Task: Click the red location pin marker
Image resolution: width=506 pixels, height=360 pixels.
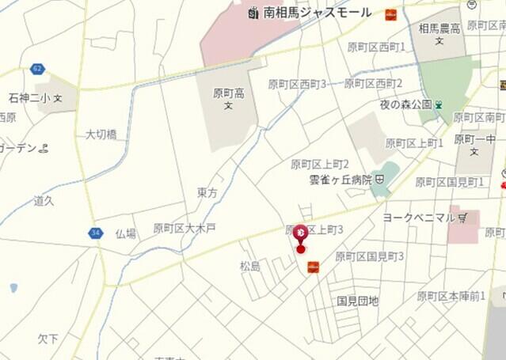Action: pos(301,234)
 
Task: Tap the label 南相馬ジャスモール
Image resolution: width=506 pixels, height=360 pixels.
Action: pos(317,13)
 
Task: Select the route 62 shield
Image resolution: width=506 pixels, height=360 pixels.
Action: pos(37,69)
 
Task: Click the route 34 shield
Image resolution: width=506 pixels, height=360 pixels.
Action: pos(96,233)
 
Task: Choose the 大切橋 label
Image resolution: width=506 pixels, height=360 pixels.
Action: pos(101,135)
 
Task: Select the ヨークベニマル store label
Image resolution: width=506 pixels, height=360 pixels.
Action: pos(419,217)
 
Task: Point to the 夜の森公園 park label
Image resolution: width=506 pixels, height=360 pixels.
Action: pos(404,104)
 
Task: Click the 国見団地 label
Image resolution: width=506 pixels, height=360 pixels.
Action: pos(358,301)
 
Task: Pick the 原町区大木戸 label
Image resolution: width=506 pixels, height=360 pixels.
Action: pos(185,228)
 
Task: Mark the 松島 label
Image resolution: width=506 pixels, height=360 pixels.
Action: pos(250,266)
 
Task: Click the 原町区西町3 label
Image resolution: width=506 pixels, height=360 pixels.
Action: pos(297,84)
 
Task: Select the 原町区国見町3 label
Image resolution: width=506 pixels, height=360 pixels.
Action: pos(370,256)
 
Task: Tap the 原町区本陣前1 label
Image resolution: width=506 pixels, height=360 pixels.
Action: pos(451,296)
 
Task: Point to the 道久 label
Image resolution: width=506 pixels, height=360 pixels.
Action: pos(44,201)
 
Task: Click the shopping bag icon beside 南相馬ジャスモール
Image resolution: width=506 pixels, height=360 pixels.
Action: pos(253,13)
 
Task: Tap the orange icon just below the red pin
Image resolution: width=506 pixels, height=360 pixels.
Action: pos(313,267)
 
